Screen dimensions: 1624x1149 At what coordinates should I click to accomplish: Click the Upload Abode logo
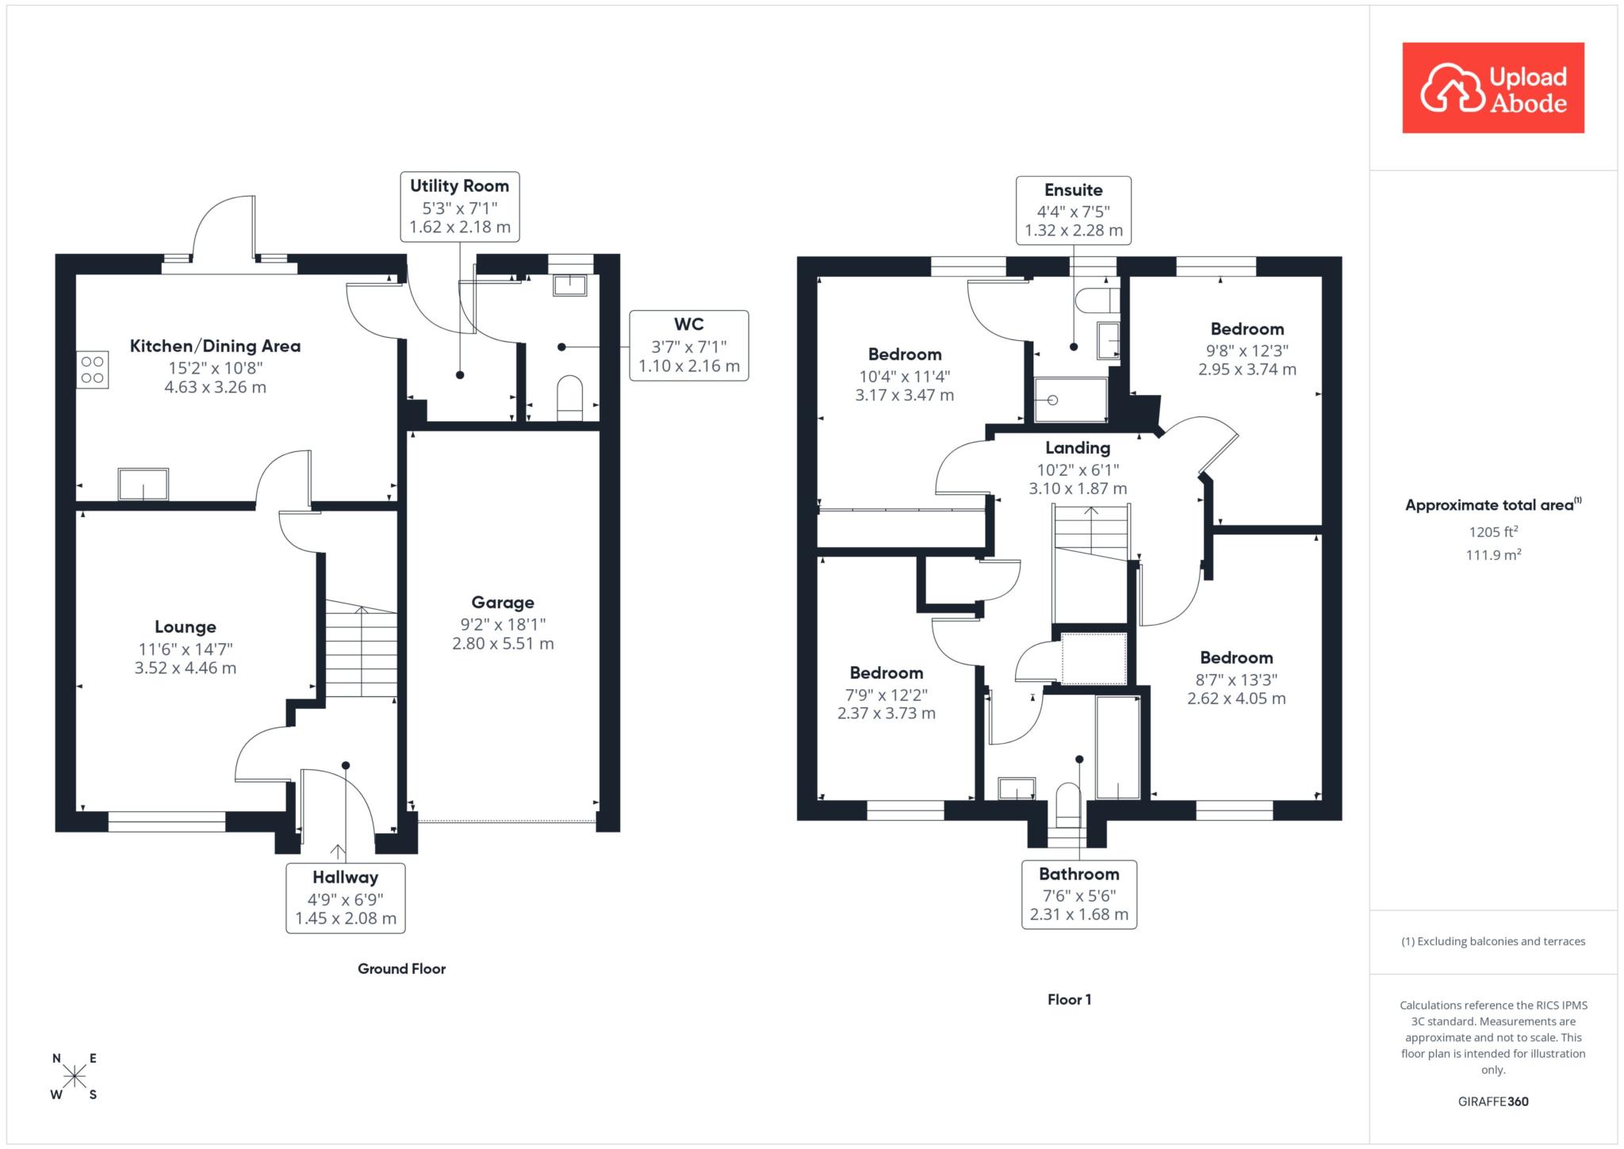tap(1493, 88)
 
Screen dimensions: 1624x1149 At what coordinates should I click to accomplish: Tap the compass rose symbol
tap(75, 1076)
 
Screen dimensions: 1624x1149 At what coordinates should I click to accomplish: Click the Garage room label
tap(503, 603)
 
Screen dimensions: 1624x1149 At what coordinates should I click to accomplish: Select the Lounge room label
tap(185, 627)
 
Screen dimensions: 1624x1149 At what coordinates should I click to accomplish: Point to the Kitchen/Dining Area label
tap(215, 346)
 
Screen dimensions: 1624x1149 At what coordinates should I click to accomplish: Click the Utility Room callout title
tap(459, 186)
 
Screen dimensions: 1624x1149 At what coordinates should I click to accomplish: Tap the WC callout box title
tap(689, 324)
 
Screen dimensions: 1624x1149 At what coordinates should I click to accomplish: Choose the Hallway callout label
tap(345, 878)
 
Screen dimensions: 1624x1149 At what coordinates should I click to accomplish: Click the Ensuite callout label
tap(1074, 190)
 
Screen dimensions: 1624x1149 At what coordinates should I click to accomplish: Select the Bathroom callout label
tap(1079, 874)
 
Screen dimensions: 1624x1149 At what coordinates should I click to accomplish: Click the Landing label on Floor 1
tap(1078, 448)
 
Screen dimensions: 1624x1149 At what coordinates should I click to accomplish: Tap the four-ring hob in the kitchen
tap(92, 370)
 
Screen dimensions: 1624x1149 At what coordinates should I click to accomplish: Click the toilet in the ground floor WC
tap(570, 398)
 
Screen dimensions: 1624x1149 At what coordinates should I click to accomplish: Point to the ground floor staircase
tap(361, 648)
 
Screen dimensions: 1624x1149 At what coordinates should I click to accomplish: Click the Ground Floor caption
tap(401, 969)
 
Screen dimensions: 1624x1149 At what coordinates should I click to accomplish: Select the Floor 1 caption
tap(1069, 1000)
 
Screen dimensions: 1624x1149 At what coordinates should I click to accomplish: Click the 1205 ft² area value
tap(1492, 531)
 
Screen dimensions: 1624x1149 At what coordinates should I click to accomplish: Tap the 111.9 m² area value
tap(1493, 554)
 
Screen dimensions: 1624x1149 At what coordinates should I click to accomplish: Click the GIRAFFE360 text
tap(1493, 1101)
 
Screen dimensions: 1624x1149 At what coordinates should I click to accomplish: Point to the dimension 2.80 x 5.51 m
tap(503, 644)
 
